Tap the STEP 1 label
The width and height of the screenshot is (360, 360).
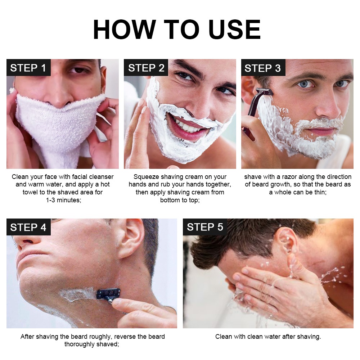(x=28, y=68)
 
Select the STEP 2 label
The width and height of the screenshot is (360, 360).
(x=146, y=68)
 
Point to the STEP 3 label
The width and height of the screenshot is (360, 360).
(x=263, y=68)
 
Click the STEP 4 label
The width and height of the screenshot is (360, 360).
(x=28, y=227)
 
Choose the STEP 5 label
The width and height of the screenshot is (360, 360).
(x=205, y=227)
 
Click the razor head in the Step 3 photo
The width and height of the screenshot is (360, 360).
(x=264, y=91)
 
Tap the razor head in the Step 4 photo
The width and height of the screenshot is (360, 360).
(x=108, y=293)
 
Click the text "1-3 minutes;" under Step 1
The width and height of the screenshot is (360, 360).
(x=64, y=200)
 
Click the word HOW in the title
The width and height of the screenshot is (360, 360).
(x=125, y=30)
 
